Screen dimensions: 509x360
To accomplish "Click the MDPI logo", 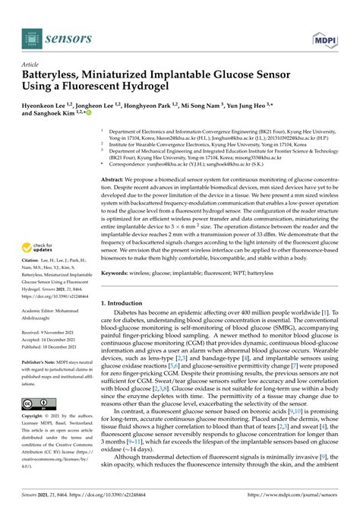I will point(327,36).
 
